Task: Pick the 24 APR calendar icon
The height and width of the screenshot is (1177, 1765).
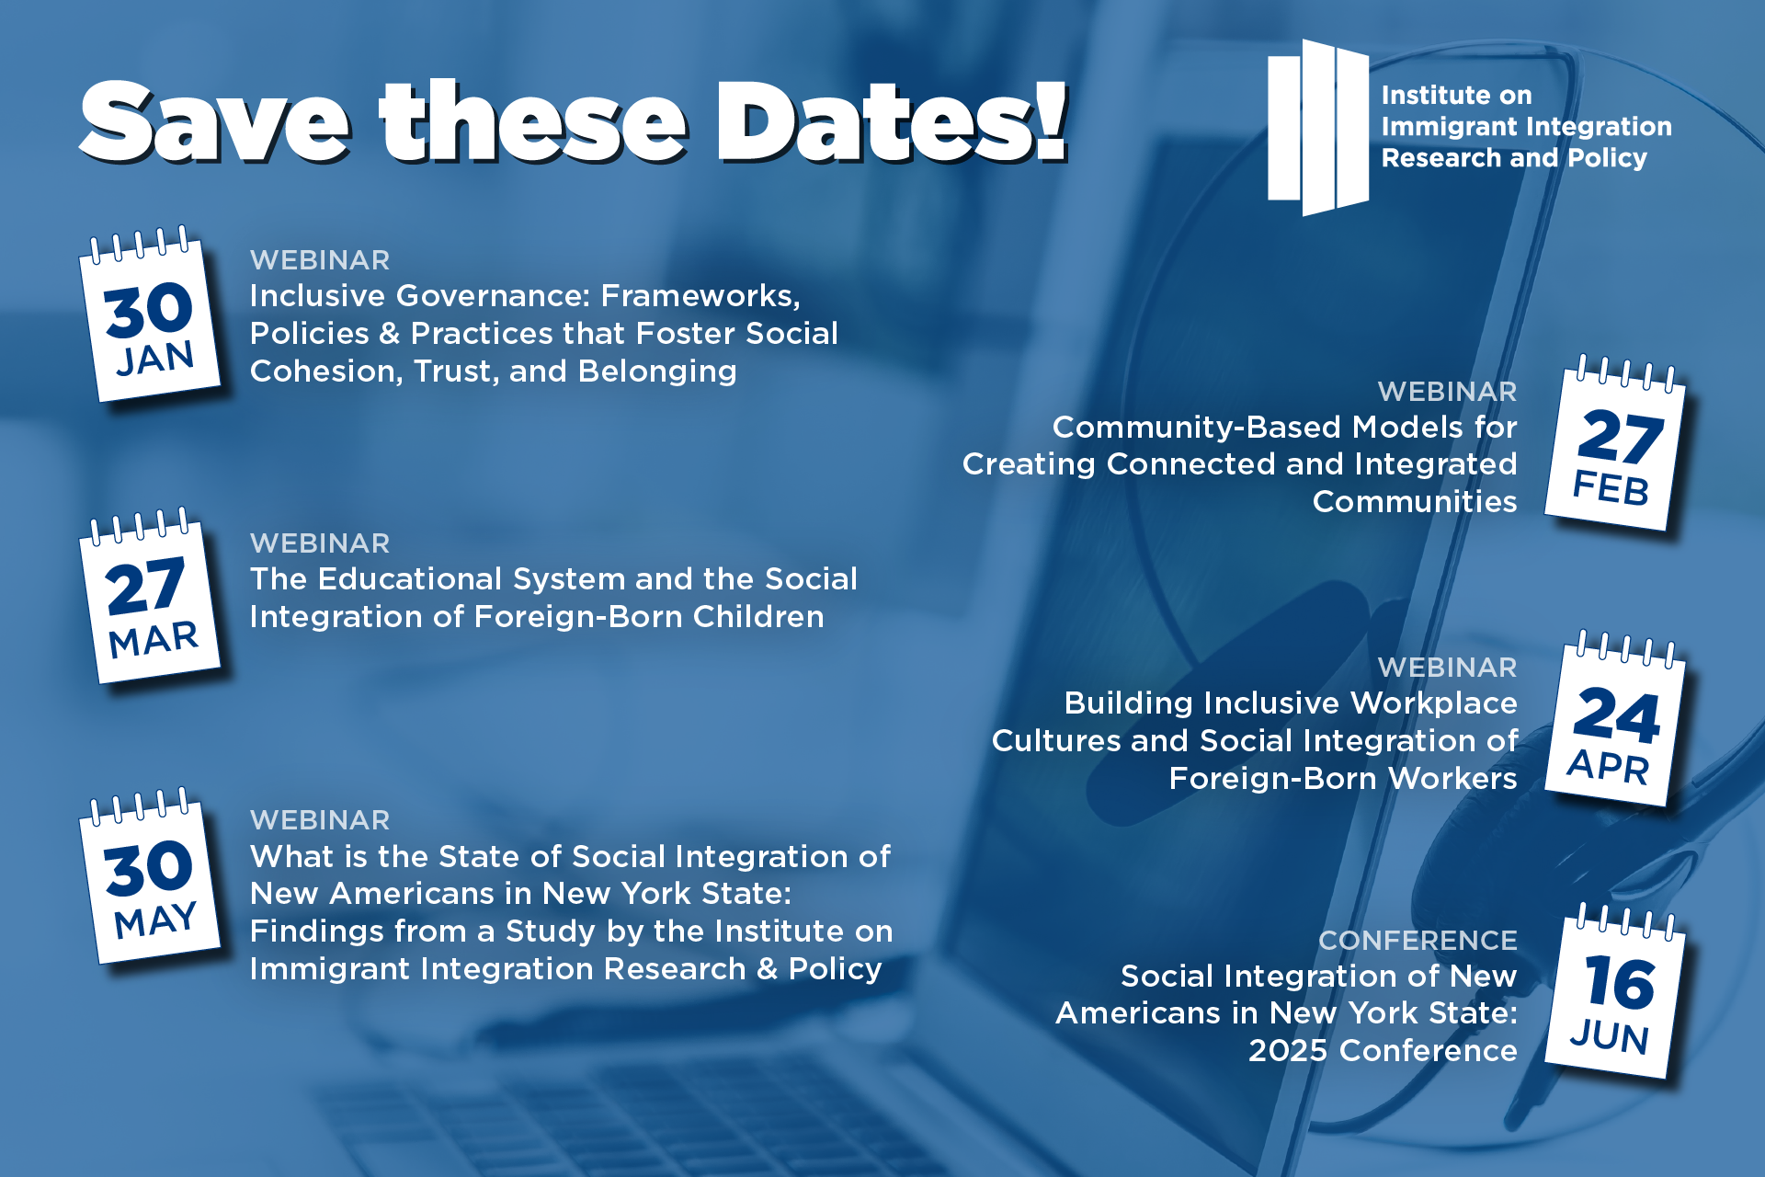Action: click(1615, 719)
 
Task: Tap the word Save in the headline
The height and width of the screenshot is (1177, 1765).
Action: click(215, 122)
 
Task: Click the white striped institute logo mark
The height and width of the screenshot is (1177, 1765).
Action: click(1318, 127)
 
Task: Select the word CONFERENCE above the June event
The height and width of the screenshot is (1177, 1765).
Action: click(1418, 940)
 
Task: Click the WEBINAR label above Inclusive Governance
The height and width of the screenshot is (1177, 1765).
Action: click(320, 260)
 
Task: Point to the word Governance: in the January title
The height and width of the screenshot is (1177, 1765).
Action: click(493, 296)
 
